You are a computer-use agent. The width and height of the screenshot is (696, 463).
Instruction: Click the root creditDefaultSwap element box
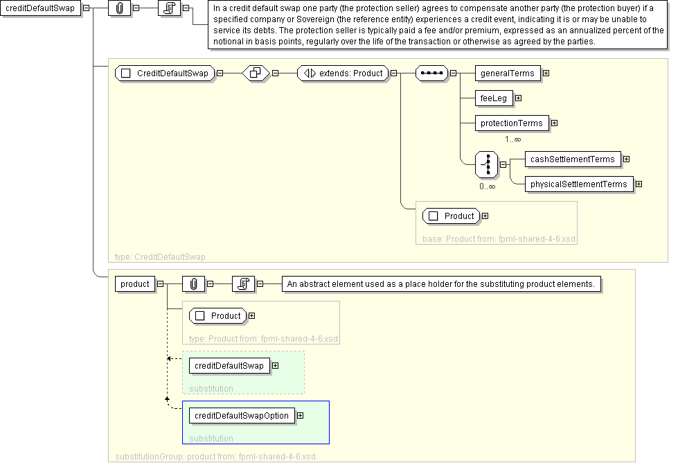pyautogui.click(x=40, y=8)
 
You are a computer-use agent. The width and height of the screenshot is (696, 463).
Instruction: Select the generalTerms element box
pyautogui.click(x=508, y=73)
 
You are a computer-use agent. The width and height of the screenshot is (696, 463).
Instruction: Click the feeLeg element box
pyautogui.click(x=494, y=98)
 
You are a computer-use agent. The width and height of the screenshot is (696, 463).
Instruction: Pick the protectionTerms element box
pyautogui.click(x=512, y=123)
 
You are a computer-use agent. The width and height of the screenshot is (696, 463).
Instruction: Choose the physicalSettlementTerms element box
pyautogui.click(x=579, y=184)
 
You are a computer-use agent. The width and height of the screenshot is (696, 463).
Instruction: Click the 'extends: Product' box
pyautogui.click(x=343, y=73)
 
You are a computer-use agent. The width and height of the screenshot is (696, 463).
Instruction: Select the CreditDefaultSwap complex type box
pyautogui.click(x=166, y=73)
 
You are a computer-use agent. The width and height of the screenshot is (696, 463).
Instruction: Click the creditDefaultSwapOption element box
pyautogui.click(x=242, y=416)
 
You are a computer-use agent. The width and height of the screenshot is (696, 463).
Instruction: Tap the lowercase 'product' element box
pyautogui.click(x=135, y=283)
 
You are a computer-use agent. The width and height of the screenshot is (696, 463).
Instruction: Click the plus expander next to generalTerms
pyautogui.click(x=546, y=73)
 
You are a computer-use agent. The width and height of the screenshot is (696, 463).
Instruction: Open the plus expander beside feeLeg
pyautogui.click(x=518, y=98)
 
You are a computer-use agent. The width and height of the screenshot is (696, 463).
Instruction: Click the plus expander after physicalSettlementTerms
pyautogui.click(x=639, y=184)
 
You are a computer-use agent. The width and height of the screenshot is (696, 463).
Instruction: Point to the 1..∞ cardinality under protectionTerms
pyautogui.click(x=512, y=139)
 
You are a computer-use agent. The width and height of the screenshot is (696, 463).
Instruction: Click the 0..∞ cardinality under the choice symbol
pyautogui.click(x=488, y=186)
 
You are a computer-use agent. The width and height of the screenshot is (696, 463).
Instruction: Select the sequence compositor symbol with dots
pyautogui.click(x=431, y=73)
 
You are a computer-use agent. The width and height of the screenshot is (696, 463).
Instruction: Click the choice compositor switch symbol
pyautogui.click(x=487, y=165)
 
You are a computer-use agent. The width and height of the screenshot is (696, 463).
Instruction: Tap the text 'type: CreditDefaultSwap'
pyautogui.click(x=160, y=256)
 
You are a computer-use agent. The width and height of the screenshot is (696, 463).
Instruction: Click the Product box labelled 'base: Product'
pyautogui.click(x=452, y=216)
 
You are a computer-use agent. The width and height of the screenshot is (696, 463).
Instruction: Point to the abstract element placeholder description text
pyautogui.click(x=442, y=283)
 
